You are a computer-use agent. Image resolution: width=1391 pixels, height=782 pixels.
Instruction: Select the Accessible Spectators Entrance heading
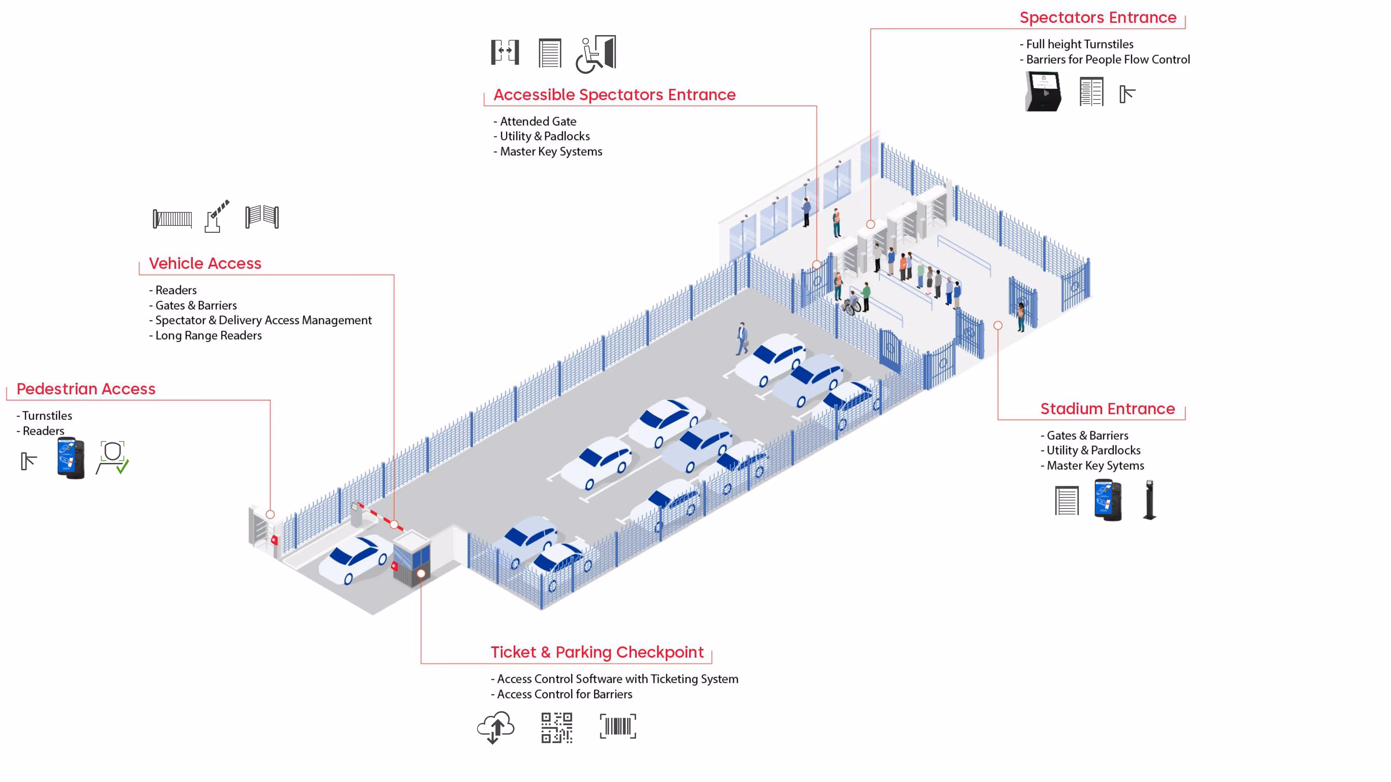tap(614, 95)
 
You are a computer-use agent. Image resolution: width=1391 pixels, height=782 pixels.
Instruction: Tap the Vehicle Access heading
tap(205, 263)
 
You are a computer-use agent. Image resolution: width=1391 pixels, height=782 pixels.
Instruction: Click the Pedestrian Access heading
tap(86, 389)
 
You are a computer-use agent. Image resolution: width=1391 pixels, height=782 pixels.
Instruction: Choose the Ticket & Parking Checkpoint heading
tap(597, 652)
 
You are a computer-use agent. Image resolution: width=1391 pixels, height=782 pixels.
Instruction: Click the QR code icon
tap(557, 727)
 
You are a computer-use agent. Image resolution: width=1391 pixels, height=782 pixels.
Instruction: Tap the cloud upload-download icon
tap(495, 727)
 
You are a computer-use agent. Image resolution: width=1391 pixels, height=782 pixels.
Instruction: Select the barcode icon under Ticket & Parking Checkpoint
tap(618, 726)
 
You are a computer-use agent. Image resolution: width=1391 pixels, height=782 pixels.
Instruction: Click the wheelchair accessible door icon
tap(596, 54)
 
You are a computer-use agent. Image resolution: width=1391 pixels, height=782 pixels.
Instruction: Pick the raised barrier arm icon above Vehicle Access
tap(217, 217)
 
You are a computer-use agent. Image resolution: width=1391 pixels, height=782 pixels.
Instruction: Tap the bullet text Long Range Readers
tap(208, 336)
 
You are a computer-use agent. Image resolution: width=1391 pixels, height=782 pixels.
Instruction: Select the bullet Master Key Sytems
tap(1095, 466)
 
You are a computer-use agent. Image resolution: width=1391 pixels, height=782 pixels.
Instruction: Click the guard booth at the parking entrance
tap(411, 557)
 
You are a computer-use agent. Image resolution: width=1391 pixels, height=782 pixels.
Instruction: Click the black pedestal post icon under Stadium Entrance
tap(1150, 500)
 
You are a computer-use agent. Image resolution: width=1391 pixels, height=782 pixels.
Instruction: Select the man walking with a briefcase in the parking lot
tap(742, 339)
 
